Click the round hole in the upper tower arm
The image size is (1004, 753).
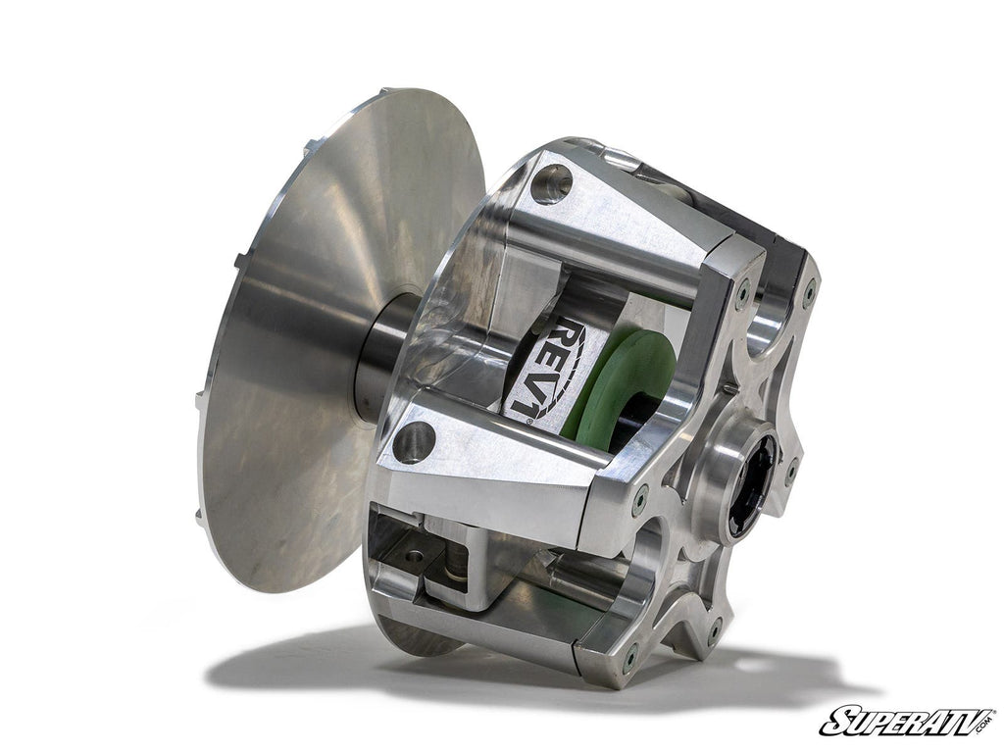click(551, 183)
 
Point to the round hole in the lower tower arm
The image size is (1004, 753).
click(413, 442)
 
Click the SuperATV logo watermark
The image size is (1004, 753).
click(906, 721)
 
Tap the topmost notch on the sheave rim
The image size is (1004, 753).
click(312, 147)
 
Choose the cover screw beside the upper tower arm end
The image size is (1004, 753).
click(742, 291)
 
